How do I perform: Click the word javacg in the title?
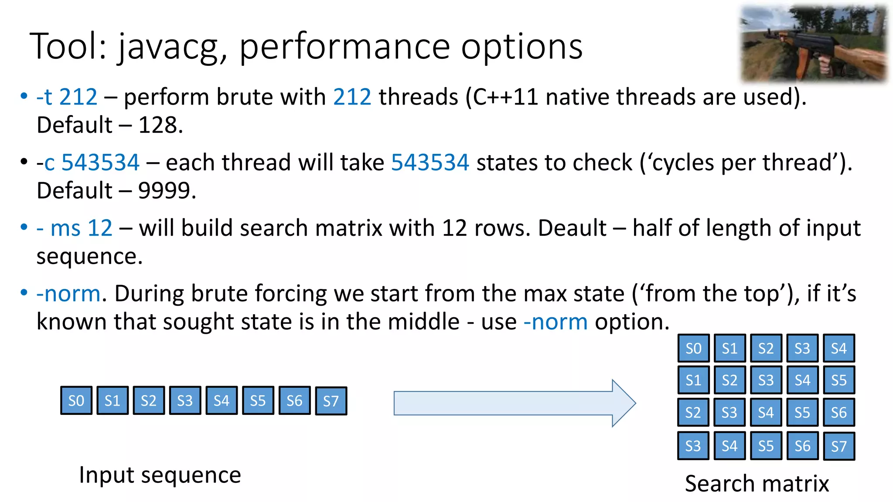coord(168,47)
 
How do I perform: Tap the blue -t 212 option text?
coord(67,97)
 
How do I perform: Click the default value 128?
coord(160,125)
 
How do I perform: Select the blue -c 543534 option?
coord(88,163)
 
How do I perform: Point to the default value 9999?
coord(167,191)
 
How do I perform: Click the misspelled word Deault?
coord(572,228)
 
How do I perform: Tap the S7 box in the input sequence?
coord(331,401)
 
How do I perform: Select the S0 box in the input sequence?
coord(76,400)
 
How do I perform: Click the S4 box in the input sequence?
coord(222,400)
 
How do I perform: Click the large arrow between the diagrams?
coord(515,403)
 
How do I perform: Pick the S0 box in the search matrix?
coord(693,348)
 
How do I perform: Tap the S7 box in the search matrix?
coord(838,446)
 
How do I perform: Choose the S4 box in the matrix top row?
coord(838,348)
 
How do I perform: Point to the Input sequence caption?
coord(160,475)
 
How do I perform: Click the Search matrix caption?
coord(757,484)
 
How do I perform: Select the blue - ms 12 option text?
coord(75,228)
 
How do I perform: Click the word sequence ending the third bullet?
coord(89,257)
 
